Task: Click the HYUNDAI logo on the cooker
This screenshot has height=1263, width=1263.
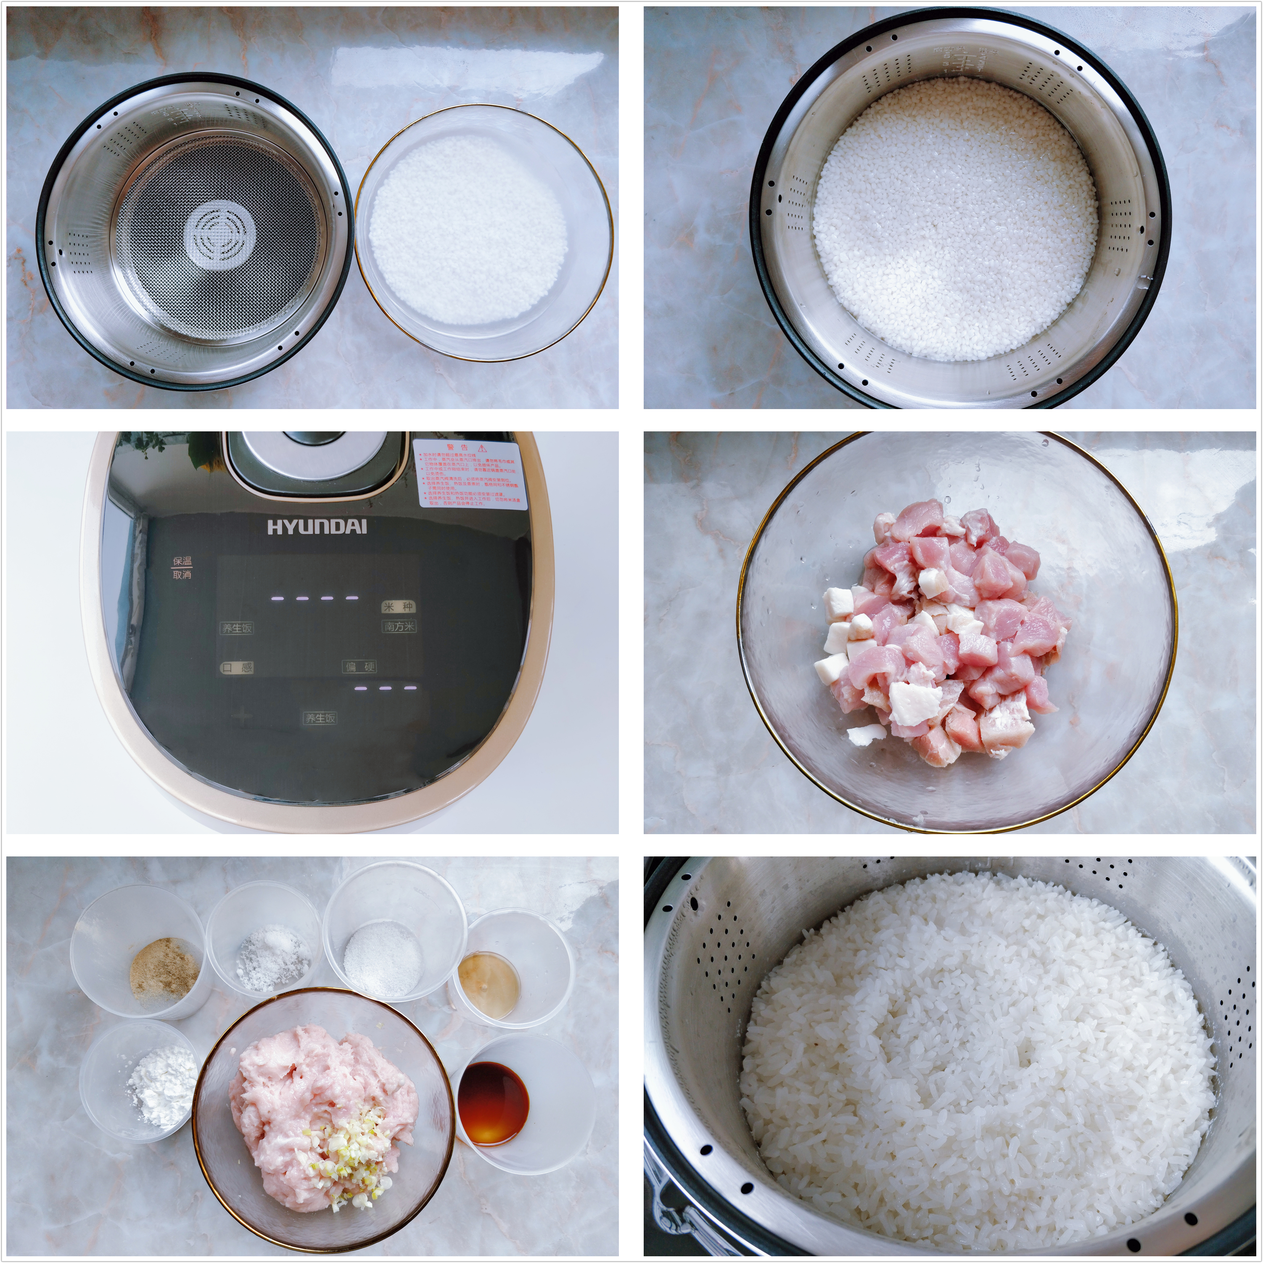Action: (317, 527)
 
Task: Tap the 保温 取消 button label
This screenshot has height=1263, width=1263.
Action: (182, 568)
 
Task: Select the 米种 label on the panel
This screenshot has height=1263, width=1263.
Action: (398, 607)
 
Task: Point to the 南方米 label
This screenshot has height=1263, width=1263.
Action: (399, 626)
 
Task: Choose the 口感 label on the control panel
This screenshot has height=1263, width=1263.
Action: (237, 668)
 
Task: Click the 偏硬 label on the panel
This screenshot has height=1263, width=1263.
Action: (359, 667)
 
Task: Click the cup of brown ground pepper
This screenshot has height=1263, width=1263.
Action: (164, 972)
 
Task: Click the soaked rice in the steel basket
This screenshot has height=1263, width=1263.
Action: (954, 219)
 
